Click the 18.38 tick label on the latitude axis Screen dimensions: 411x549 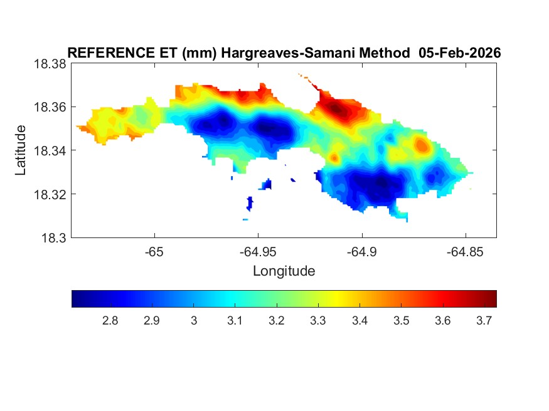click(x=50, y=64)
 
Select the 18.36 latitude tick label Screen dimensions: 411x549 click(x=50, y=107)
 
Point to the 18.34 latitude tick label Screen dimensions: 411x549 click(x=50, y=150)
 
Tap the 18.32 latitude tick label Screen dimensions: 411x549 click(x=50, y=194)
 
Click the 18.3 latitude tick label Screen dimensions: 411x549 click(x=53, y=237)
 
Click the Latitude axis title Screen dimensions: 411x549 click(x=21, y=150)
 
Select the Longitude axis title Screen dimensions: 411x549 click(x=284, y=271)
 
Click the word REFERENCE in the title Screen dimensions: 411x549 click(x=105, y=53)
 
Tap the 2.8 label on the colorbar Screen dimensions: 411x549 click(x=110, y=321)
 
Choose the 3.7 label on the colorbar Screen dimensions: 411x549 click(x=483, y=321)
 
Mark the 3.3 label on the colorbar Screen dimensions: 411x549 click(x=317, y=321)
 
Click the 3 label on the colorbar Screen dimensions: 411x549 click(x=193, y=321)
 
